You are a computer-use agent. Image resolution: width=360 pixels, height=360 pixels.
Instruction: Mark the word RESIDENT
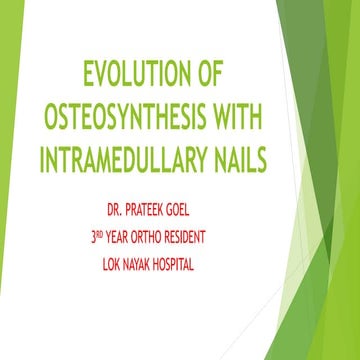point(232,238)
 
